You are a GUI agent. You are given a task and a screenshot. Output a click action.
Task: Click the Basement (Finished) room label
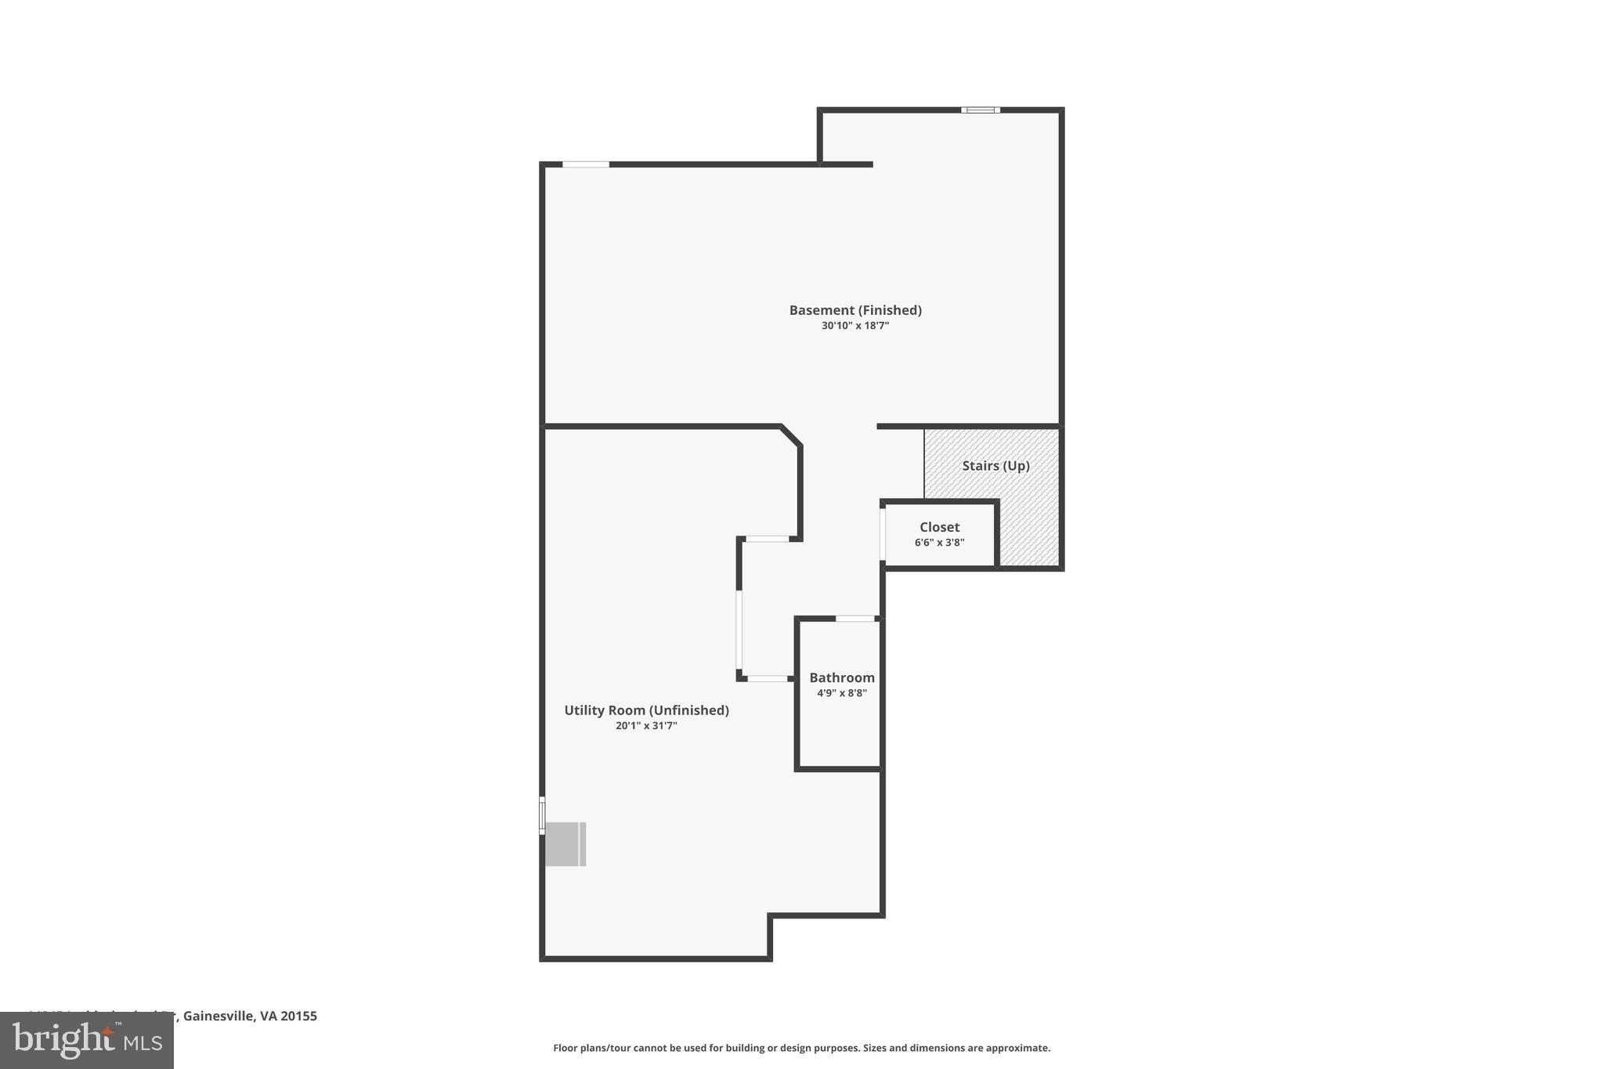coord(855,310)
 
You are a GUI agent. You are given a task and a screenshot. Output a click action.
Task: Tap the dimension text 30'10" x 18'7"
coord(855,326)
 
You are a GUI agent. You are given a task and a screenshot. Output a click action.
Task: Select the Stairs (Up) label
coord(995,465)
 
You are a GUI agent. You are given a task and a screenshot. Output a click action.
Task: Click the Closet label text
coord(939,527)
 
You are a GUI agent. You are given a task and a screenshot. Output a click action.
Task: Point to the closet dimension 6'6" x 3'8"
coord(939,543)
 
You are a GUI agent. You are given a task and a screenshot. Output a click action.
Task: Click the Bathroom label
coord(842,677)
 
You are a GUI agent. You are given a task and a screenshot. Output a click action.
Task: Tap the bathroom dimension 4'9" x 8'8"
coord(842,693)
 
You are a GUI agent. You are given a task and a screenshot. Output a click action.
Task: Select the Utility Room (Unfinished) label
coord(646,710)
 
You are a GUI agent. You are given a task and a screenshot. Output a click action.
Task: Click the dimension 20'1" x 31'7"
coord(646,726)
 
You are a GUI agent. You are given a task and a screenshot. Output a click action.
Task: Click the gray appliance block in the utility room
coord(565,844)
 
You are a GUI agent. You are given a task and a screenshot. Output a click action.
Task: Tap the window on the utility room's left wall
coord(542,815)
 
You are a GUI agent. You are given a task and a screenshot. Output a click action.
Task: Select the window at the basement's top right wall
coord(981,110)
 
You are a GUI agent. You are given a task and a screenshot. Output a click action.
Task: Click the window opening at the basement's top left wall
coord(586,164)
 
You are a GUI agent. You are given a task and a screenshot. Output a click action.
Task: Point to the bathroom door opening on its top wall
coord(854,619)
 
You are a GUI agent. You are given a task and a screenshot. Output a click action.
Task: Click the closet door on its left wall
coord(883,535)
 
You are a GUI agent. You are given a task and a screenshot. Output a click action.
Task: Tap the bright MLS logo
coord(87,1040)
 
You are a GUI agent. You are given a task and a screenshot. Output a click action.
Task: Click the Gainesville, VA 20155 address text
coord(249,1016)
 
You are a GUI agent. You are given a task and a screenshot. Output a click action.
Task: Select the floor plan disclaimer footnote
coord(801,1048)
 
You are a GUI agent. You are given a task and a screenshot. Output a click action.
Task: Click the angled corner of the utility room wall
coord(791,436)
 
